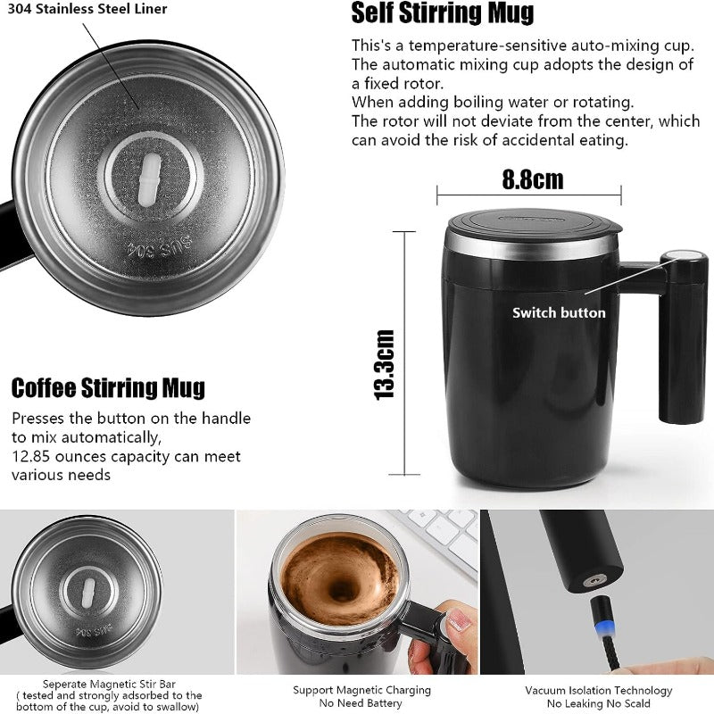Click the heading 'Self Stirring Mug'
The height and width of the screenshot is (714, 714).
tap(443, 13)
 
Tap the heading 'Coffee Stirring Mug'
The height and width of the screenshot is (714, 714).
tap(108, 388)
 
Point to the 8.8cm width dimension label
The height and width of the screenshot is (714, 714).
tap(532, 179)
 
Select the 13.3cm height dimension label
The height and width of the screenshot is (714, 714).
tap(384, 364)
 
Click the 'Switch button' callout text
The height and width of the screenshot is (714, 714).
tap(559, 312)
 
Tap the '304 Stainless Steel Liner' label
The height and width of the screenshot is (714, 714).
tap(87, 9)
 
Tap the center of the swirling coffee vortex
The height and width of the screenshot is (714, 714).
tap(340, 589)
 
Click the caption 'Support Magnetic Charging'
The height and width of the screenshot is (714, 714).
tap(361, 690)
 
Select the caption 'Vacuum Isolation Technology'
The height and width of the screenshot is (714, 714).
tap(598, 690)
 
